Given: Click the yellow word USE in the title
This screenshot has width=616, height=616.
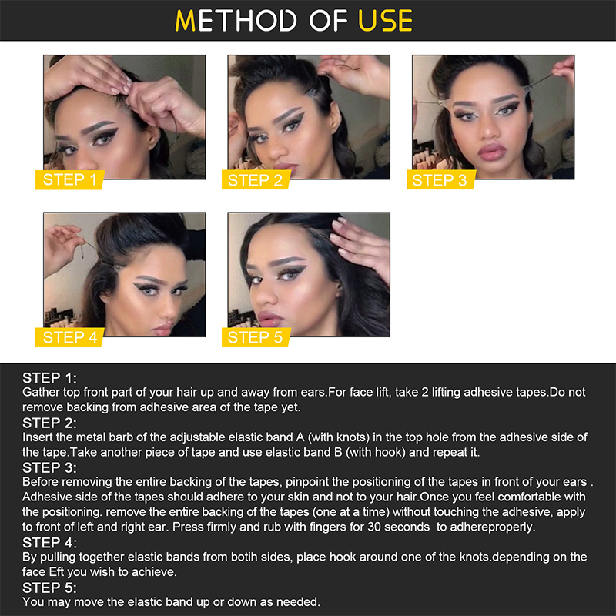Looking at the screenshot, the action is click(386, 21).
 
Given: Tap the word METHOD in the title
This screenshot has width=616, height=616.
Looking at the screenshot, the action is click(236, 21).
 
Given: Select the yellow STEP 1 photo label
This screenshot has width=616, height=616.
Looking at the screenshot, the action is click(70, 180).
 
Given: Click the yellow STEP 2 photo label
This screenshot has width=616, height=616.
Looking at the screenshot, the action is click(256, 180).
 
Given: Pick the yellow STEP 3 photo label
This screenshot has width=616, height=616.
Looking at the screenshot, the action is click(440, 180).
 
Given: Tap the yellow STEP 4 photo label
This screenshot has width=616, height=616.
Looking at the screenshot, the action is click(70, 337).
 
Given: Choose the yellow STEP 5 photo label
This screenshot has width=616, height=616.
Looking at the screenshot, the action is click(256, 337).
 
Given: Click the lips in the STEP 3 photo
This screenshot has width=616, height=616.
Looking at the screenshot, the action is click(491, 152).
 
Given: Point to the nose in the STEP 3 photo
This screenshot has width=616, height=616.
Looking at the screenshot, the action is click(490, 128).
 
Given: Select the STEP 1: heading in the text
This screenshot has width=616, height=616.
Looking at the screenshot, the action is click(49, 378).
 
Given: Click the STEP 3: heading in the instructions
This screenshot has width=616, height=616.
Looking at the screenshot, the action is click(49, 468).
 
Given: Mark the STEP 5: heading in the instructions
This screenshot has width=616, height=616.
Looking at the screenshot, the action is click(49, 588).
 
